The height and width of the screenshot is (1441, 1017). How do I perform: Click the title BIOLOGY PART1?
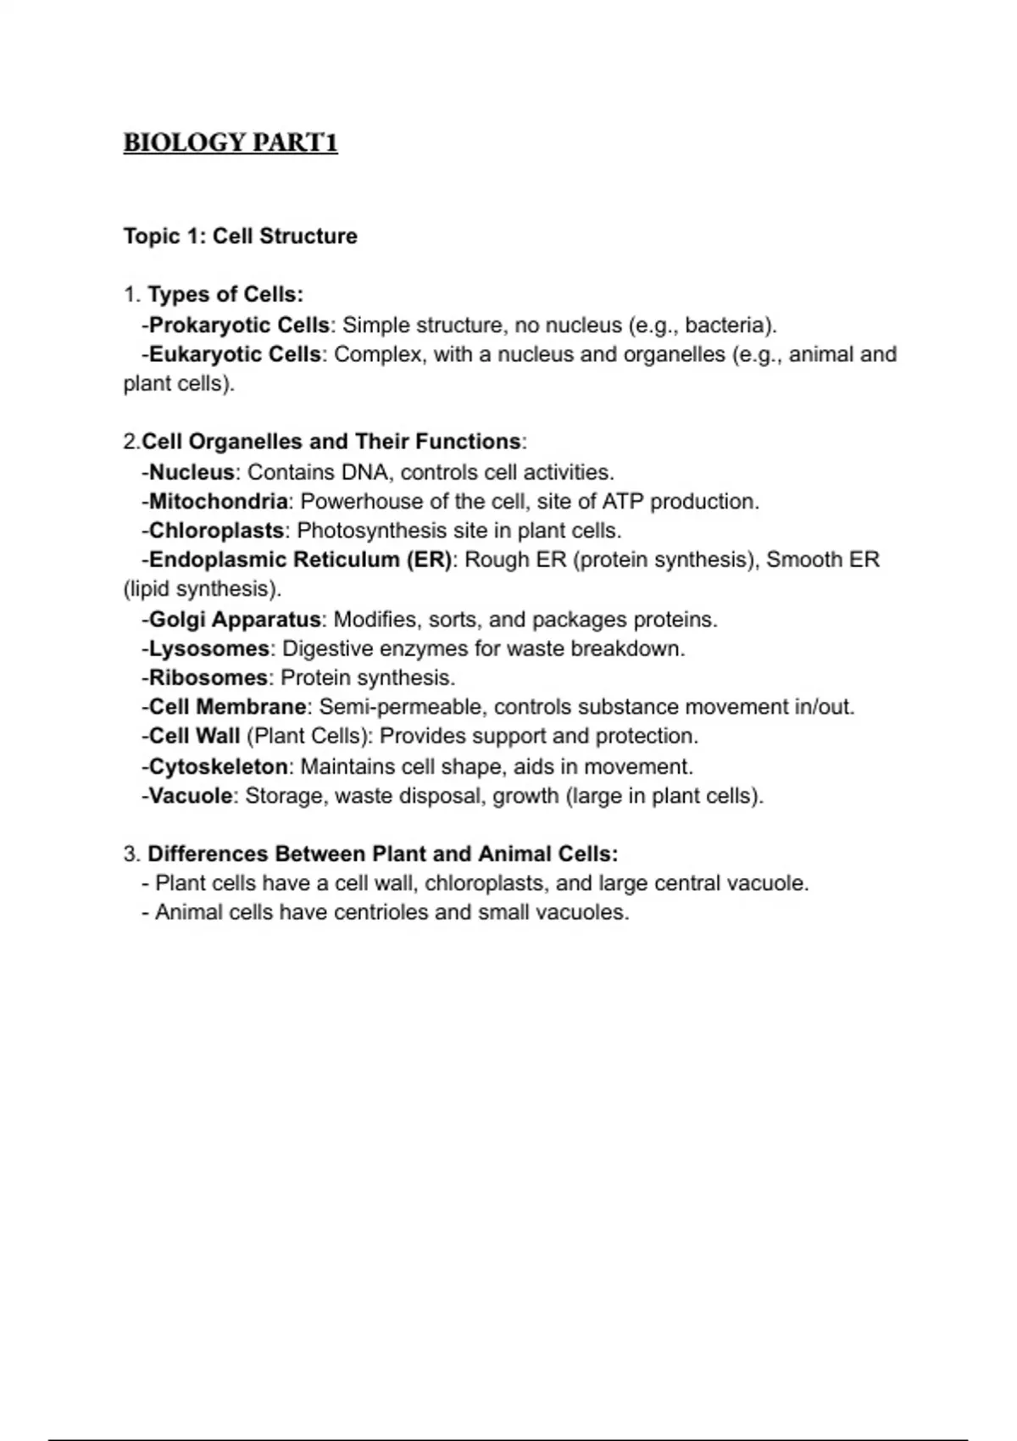tap(231, 142)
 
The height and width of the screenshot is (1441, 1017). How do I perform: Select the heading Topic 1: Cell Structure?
tap(240, 236)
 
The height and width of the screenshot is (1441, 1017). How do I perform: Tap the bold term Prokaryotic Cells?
tap(239, 325)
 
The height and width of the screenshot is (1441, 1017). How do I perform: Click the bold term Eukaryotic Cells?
tap(235, 354)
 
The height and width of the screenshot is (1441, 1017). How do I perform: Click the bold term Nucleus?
tap(192, 472)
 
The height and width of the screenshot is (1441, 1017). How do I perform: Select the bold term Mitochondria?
tap(218, 502)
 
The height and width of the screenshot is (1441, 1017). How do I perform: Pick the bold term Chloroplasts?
tap(216, 531)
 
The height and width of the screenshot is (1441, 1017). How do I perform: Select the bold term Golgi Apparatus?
tap(235, 620)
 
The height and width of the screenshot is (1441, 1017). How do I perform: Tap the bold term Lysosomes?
tap(208, 649)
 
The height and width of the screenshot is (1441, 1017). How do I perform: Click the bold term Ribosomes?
tap(208, 678)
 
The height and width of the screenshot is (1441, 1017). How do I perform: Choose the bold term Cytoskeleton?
tap(218, 767)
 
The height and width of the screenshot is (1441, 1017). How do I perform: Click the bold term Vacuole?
tap(191, 796)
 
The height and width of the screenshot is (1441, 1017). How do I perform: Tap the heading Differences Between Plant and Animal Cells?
tap(382, 854)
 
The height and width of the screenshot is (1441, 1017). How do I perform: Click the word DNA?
tap(364, 472)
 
